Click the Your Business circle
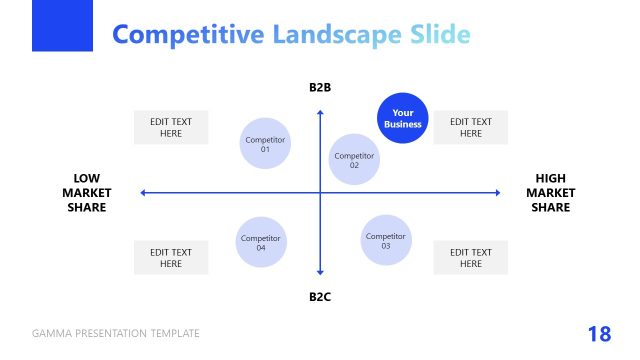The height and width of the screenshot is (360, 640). click(x=403, y=119)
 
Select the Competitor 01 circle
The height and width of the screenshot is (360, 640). click(x=265, y=144)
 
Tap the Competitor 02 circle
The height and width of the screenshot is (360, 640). click(x=354, y=160)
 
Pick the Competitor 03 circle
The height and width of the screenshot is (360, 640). click(x=385, y=240)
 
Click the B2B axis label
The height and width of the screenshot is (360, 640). click(x=320, y=88)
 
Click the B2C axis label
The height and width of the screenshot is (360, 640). click(x=320, y=297)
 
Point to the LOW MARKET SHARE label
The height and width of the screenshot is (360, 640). click(x=87, y=193)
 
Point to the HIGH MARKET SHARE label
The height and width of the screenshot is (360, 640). click(x=550, y=193)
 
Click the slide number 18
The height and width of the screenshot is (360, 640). click(x=599, y=334)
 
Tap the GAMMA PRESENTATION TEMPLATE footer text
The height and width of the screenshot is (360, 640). click(x=116, y=334)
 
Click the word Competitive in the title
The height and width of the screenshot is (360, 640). click(x=186, y=35)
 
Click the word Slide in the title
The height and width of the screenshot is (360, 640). click(x=439, y=35)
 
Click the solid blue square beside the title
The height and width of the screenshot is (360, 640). click(x=62, y=25)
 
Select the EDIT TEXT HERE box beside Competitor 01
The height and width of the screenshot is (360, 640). click(x=171, y=127)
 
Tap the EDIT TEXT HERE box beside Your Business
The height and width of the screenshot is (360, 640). click(x=470, y=127)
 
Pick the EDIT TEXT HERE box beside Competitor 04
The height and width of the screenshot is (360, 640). click(x=171, y=258)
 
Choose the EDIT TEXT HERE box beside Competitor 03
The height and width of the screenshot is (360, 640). click(x=470, y=258)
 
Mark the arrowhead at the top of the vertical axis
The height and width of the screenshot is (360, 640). click(x=320, y=113)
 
